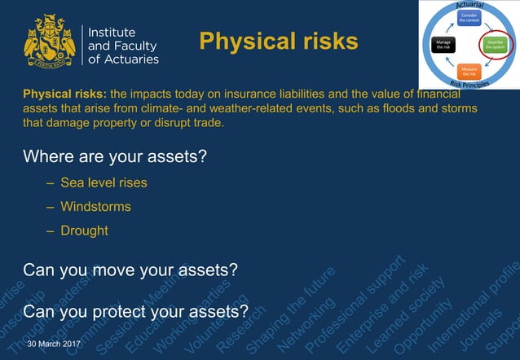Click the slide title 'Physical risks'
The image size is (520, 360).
(x=279, y=42)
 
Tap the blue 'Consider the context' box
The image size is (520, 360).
(x=468, y=19)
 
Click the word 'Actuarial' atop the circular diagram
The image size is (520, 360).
(x=469, y=6)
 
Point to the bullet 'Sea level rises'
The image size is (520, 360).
(x=104, y=182)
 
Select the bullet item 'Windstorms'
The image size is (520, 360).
(x=95, y=206)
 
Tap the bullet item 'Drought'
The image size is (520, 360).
(x=84, y=230)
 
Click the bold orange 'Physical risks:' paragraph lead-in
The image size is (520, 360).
(x=66, y=94)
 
